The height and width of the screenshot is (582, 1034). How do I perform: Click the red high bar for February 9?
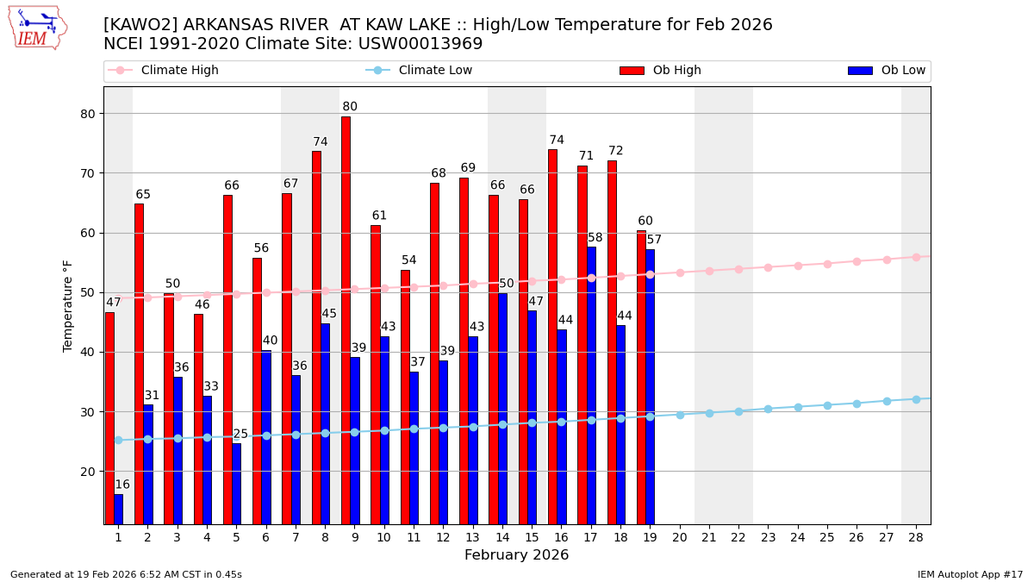(x=346, y=319)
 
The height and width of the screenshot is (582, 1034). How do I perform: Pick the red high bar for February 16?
(x=552, y=336)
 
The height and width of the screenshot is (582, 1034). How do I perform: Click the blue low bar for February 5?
(x=236, y=483)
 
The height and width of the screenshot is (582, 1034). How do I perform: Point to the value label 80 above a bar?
(x=350, y=107)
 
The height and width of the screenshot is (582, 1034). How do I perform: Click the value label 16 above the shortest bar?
(x=122, y=485)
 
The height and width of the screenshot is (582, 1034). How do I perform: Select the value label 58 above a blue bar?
(x=595, y=238)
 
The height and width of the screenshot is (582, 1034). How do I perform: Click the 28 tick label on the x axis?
(x=916, y=537)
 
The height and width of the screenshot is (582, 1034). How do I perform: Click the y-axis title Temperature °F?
(x=68, y=305)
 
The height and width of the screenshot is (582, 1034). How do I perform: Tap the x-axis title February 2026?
(x=516, y=555)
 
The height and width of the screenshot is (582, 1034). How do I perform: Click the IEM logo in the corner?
(x=37, y=28)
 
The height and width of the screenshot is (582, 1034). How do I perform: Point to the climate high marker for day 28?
(x=916, y=257)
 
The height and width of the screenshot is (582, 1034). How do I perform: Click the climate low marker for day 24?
(x=798, y=407)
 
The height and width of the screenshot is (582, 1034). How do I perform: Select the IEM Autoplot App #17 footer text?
(x=970, y=574)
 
